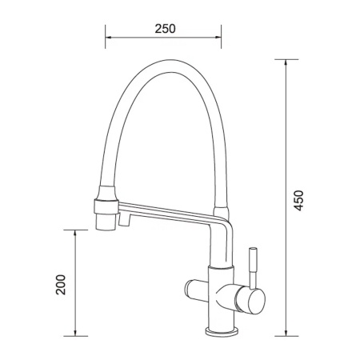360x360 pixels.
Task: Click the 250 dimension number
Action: [165, 29]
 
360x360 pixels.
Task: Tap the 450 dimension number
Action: [298, 201]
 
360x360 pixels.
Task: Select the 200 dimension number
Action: [61, 285]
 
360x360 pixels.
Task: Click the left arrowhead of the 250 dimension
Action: [108, 37]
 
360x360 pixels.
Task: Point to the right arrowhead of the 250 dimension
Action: [218, 37]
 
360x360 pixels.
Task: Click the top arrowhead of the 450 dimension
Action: [286, 62]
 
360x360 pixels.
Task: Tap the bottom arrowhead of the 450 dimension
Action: [286, 333]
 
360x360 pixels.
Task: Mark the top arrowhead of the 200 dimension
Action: [75, 233]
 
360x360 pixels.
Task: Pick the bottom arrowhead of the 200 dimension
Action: [75, 333]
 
